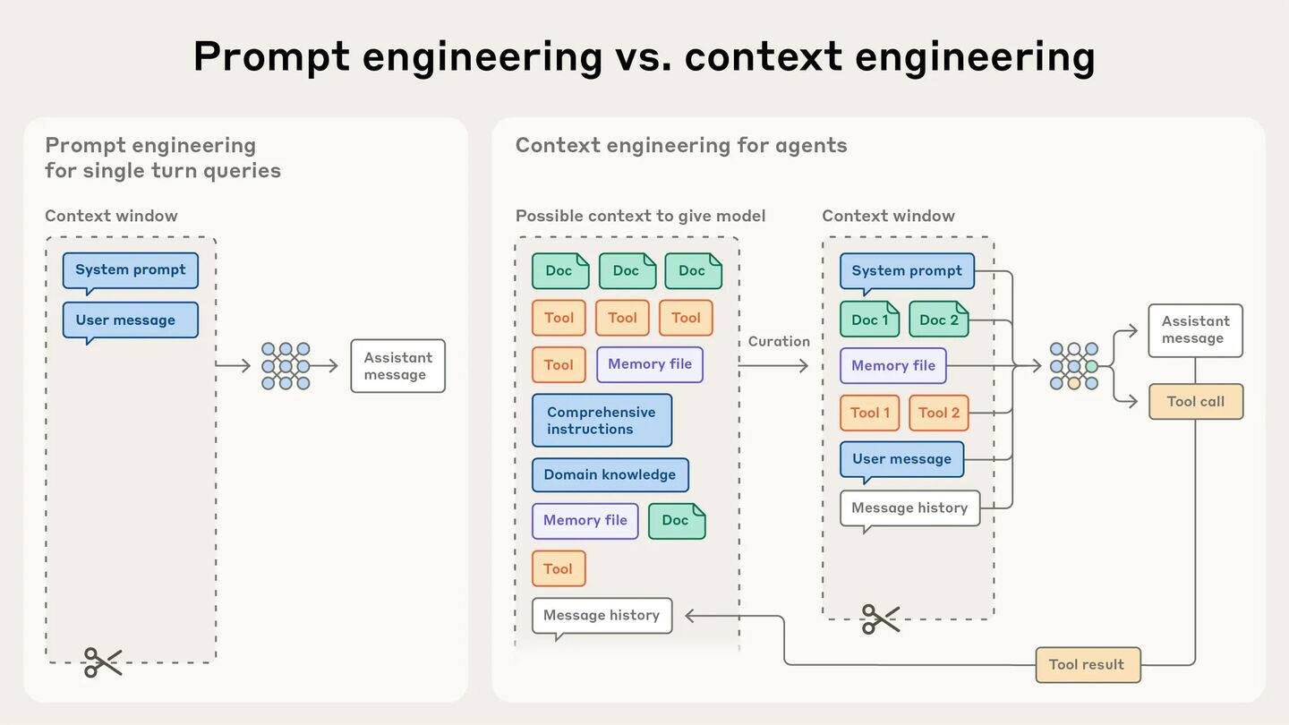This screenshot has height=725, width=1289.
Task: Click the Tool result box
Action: [1088, 665]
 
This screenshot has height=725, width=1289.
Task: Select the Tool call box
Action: [1195, 402]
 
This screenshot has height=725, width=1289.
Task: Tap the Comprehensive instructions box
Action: [602, 421]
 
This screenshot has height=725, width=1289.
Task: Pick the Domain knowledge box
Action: [610, 475]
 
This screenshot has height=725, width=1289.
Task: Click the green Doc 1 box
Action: [869, 320]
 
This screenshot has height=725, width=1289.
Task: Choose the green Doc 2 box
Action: [938, 320]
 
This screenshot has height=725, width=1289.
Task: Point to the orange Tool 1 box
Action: [869, 413]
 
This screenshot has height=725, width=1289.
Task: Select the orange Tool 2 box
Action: [938, 413]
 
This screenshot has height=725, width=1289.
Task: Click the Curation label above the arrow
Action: [779, 341]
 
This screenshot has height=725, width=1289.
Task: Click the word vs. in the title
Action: [643, 56]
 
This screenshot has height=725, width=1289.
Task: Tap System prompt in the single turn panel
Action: [130, 270]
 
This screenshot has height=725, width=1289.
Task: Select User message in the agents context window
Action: [901, 459]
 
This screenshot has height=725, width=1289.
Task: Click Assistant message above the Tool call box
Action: [1195, 330]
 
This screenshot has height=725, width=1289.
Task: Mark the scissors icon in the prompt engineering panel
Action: [103, 662]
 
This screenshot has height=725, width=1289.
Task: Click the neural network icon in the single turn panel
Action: [286, 365]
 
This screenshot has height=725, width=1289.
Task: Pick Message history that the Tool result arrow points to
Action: [602, 616]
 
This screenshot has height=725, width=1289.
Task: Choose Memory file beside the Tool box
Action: [649, 364]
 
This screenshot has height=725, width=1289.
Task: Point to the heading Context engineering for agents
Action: [680, 145]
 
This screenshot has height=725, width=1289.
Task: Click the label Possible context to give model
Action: [640, 216]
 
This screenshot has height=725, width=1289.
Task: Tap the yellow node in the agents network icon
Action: [1073, 383]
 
